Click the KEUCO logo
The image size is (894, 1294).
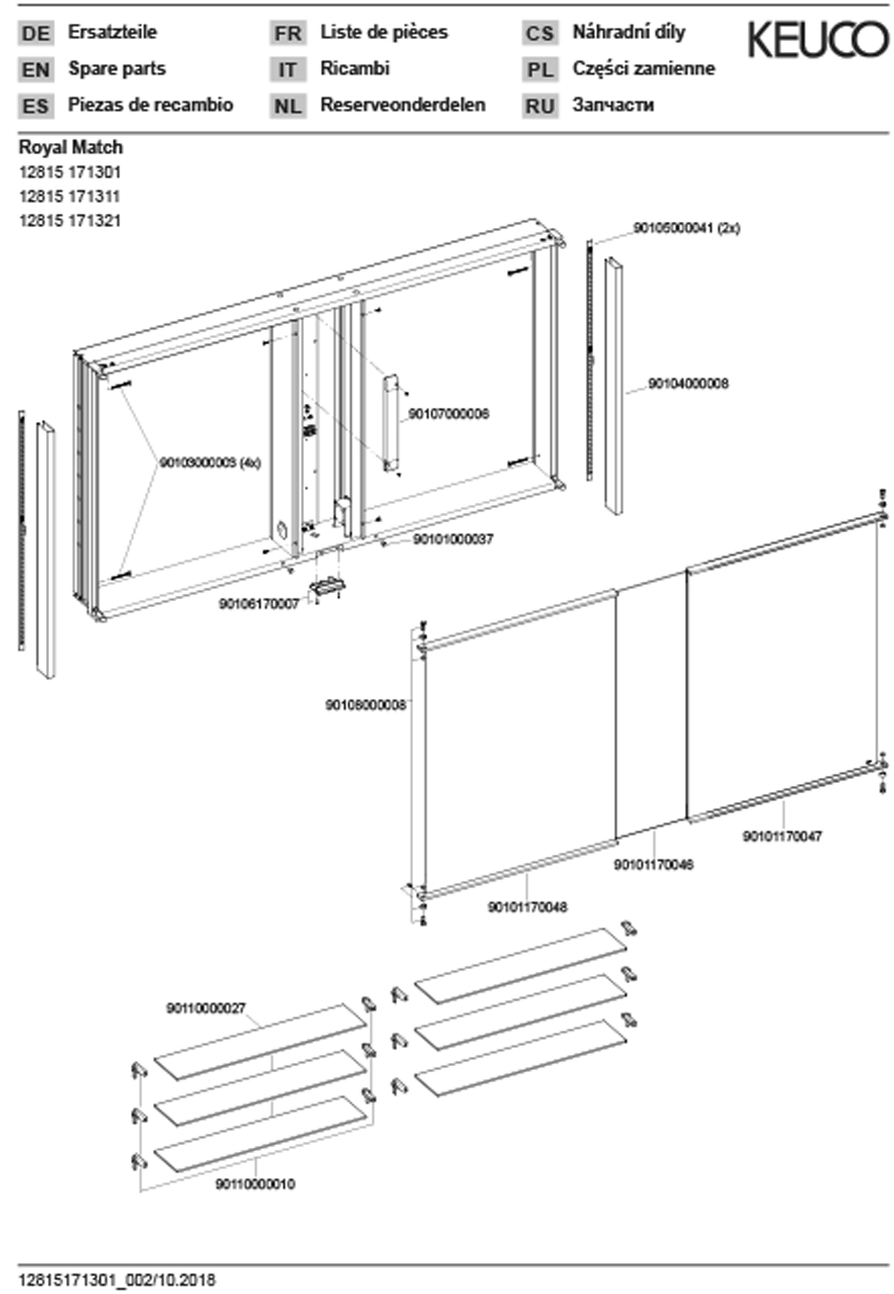click(818, 39)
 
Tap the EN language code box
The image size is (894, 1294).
click(36, 70)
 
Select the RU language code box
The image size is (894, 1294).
click(540, 106)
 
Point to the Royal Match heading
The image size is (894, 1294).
click(71, 147)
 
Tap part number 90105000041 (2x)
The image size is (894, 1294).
click(686, 229)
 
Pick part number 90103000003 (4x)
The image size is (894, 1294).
click(210, 463)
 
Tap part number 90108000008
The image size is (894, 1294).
click(365, 705)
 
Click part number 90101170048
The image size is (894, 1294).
click(527, 907)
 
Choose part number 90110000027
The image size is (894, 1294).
click(205, 1008)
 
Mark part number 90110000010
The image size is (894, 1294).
click(255, 1184)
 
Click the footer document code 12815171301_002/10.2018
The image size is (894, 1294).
click(116, 1280)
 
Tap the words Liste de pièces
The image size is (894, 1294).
click(384, 32)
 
